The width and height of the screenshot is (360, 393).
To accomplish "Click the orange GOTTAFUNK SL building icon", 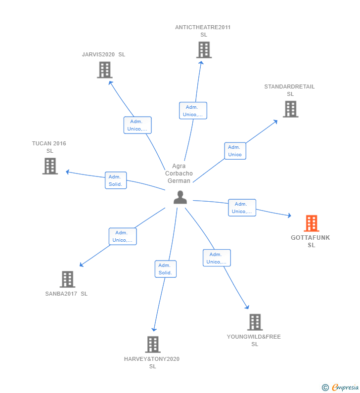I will click(x=311, y=223).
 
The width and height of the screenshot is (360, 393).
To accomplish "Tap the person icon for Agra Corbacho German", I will click(x=180, y=197).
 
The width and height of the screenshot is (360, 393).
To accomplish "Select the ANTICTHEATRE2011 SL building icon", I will click(x=204, y=50).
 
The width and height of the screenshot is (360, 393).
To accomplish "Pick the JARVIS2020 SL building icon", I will click(x=104, y=70).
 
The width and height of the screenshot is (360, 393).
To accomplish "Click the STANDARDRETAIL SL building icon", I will click(x=290, y=109).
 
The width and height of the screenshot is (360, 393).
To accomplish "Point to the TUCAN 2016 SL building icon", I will click(x=50, y=166).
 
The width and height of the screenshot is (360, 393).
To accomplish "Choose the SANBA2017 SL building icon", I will click(x=67, y=279).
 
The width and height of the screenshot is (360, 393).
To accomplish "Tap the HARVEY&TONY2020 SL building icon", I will click(x=153, y=345).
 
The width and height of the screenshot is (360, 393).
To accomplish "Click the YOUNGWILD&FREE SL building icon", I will click(x=255, y=322).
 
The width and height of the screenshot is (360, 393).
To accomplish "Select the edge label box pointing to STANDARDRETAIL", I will click(x=235, y=151).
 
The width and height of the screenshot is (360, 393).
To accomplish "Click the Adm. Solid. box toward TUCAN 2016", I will click(x=116, y=180).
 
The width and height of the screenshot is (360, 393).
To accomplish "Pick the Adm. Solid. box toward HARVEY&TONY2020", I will click(x=165, y=269).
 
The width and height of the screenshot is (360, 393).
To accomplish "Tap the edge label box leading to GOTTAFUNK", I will click(x=242, y=208).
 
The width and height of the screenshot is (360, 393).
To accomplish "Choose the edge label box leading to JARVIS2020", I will click(x=137, y=125).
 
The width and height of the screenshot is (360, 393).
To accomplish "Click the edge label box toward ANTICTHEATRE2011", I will click(x=193, y=111).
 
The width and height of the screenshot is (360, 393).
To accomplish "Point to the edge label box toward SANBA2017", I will click(x=123, y=236).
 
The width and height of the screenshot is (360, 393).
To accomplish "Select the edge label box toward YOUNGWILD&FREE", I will click(x=217, y=258).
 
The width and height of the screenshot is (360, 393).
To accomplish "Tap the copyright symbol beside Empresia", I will click(x=325, y=388).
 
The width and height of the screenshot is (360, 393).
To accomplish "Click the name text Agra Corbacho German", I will click(x=179, y=174).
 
